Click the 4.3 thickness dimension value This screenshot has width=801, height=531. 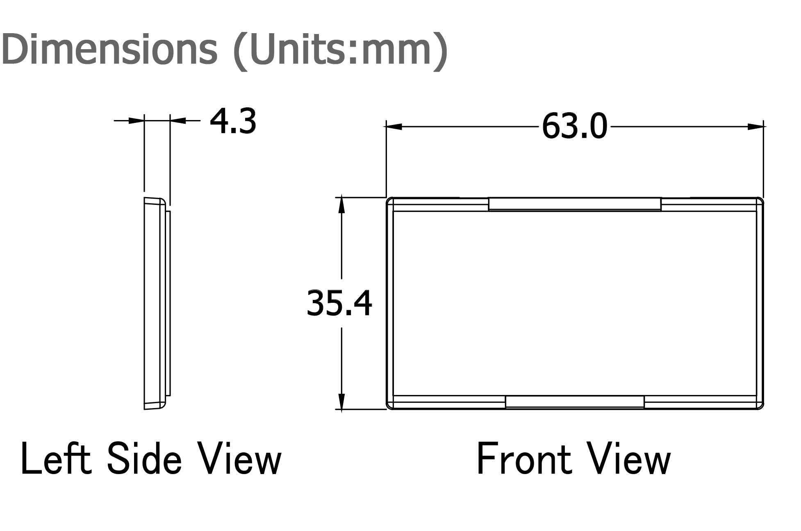(233, 122)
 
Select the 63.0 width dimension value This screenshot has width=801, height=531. (574, 126)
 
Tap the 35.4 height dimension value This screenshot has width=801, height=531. (339, 304)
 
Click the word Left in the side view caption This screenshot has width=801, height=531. (55, 458)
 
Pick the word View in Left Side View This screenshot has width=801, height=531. (240, 458)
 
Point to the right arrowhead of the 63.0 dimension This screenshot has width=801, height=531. (755, 127)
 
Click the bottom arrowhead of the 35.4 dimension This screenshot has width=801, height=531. (341, 401)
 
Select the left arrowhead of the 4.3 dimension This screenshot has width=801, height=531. (136, 120)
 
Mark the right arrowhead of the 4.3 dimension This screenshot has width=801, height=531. (178, 120)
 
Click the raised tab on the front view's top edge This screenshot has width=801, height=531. (575, 204)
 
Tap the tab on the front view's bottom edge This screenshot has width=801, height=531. (575, 402)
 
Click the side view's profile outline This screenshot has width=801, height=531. (144, 303)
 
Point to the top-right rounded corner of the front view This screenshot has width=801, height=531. (760, 200)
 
